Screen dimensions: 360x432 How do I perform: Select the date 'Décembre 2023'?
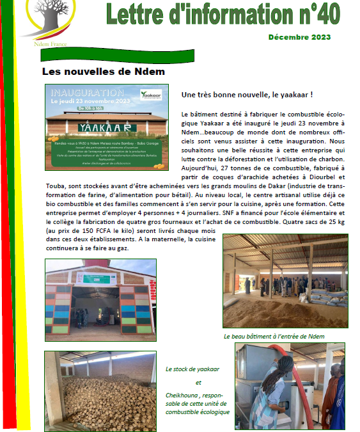299,36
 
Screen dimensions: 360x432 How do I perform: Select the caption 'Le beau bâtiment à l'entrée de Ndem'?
274,336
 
